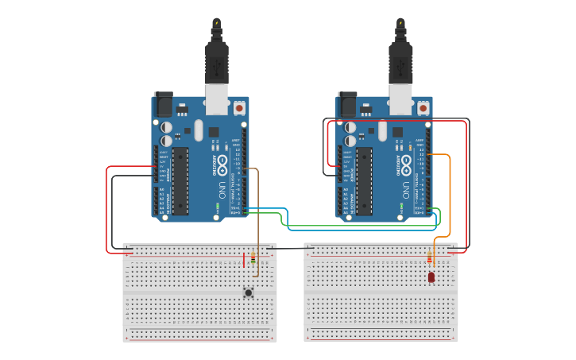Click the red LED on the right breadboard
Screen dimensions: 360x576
pyautogui.click(x=431, y=277)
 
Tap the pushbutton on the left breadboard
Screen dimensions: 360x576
pyautogui.click(x=249, y=293)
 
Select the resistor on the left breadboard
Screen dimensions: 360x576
pyautogui.click(x=253, y=258)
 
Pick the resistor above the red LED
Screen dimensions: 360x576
pyautogui.click(x=430, y=258)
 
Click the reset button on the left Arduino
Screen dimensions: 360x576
pyautogui.click(x=239, y=107)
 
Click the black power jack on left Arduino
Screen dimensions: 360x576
pyautogui.click(x=163, y=104)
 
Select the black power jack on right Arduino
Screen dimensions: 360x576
pyautogui.click(x=347, y=104)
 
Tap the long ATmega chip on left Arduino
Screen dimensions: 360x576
pyautogui.click(x=180, y=180)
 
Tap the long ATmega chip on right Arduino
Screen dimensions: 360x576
pyautogui.click(x=364, y=180)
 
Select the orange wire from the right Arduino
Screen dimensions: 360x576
pyautogui.click(x=450, y=199)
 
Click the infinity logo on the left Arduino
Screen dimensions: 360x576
pyautogui.click(x=214, y=164)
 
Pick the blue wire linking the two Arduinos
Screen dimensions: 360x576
pyautogui.click(x=286, y=223)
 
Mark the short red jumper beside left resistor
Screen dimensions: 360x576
pyautogui.click(x=244, y=260)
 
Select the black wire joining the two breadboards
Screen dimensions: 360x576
pyautogui.click(x=290, y=248)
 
